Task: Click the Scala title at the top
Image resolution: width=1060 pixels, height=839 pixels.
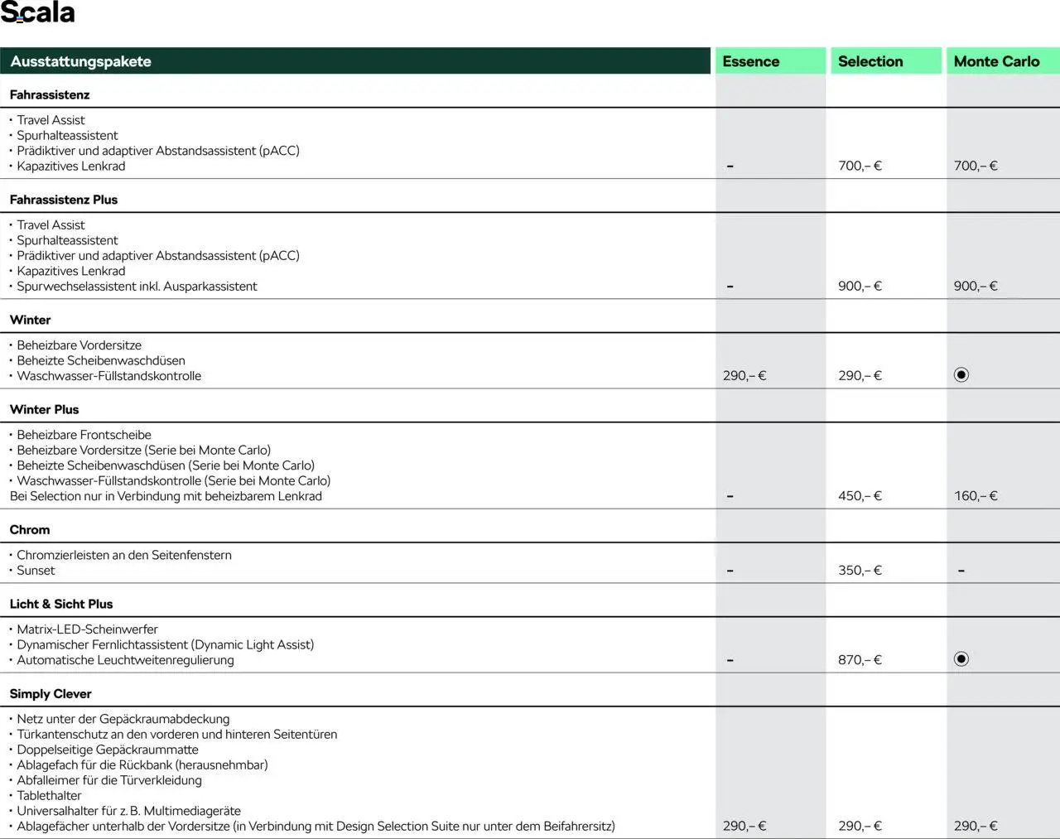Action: click(38, 13)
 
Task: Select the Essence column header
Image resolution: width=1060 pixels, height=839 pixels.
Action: click(750, 61)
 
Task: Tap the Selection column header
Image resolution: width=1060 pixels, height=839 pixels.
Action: click(870, 61)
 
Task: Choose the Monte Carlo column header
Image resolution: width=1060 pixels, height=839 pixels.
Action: click(996, 61)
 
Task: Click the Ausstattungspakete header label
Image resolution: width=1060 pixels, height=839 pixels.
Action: click(80, 61)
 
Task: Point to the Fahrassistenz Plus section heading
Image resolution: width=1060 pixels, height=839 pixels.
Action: click(64, 200)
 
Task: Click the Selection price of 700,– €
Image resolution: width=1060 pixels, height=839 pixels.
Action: click(860, 166)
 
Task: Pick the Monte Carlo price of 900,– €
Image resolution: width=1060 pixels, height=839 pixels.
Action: click(976, 286)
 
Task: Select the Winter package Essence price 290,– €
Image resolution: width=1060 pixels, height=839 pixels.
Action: click(744, 375)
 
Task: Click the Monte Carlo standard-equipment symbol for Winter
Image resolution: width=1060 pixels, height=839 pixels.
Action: click(961, 375)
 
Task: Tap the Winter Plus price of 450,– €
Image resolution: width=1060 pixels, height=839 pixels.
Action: click(860, 495)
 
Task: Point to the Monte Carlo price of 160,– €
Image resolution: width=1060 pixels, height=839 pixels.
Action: click(976, 495)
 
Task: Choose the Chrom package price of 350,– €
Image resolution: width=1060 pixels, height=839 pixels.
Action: click(860, 570)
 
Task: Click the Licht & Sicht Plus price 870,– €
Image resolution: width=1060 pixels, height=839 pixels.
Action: click(860, 659)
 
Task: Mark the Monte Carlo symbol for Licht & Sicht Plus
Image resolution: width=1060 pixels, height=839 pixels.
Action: click(961, 659)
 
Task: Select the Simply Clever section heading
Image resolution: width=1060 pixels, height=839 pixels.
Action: click(51, 694)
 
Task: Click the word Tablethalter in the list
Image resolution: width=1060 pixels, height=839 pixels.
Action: click(49, 795)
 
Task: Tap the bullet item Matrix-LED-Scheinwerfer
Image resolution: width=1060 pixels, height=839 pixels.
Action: click(87, 629)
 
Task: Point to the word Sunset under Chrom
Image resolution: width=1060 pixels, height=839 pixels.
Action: click(36, 570)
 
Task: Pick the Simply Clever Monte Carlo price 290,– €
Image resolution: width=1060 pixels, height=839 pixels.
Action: click(976, 826)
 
